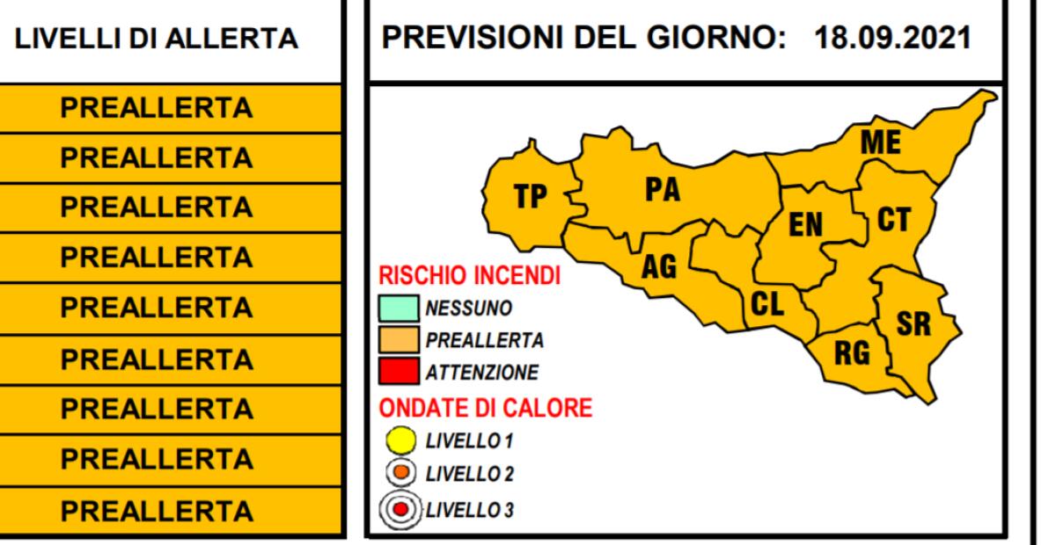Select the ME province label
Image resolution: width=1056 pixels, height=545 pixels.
880,143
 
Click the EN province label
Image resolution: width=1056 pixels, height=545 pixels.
804,226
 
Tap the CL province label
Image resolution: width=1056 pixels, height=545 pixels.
767,304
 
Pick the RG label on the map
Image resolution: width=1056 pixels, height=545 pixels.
851,353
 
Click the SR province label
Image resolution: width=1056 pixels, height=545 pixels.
913,324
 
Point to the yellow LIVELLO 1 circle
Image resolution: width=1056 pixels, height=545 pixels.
400,439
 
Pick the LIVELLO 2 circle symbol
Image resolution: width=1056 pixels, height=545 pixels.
400,474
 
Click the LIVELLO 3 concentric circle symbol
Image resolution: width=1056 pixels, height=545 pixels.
400,509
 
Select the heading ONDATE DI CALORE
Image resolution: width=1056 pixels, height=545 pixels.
485,408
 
